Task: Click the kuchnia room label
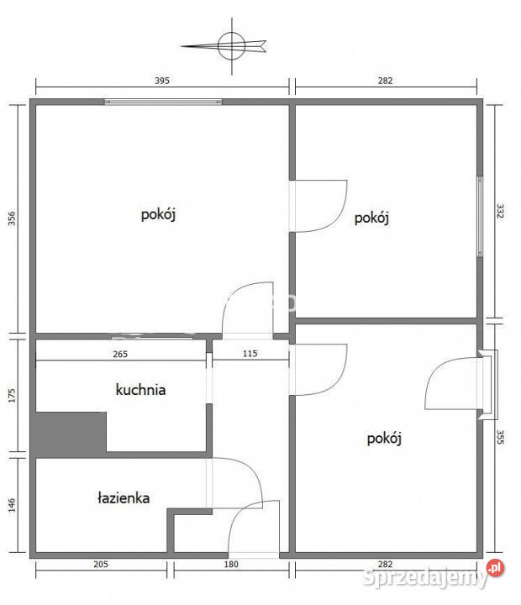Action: [x=140, y=390]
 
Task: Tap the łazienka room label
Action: [x=123, y=497]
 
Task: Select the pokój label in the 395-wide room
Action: [x=158, y=214]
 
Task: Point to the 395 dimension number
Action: [x=163, y=82]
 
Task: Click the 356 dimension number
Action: [x=12, y=218]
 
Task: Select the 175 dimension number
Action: [x=12, y=397]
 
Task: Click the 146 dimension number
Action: [x=12, y=506]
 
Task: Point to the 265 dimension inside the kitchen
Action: [x=119, y=355]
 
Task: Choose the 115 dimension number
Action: [x=250, y=355]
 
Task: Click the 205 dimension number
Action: [x=101, y=576]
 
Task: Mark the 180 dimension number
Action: [x=231, y=576]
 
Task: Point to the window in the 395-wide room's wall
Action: [x=164, y=103]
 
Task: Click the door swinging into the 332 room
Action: [x=324, y=206]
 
